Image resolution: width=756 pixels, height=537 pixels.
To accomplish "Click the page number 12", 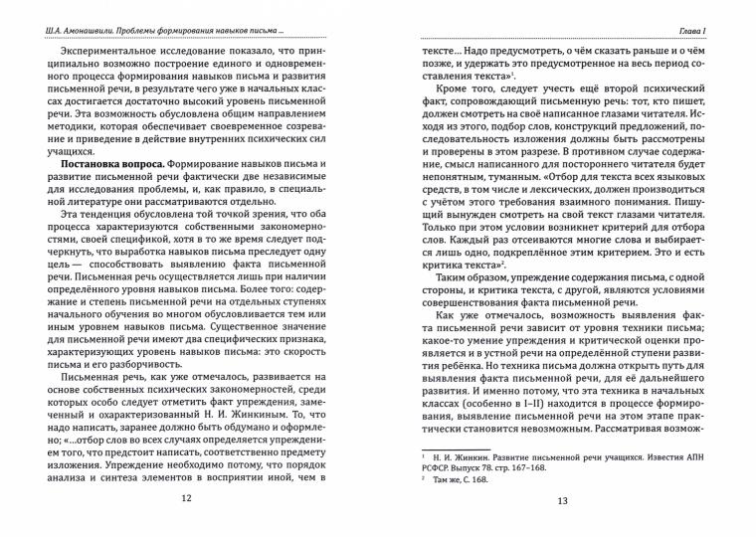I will coord(187,499).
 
